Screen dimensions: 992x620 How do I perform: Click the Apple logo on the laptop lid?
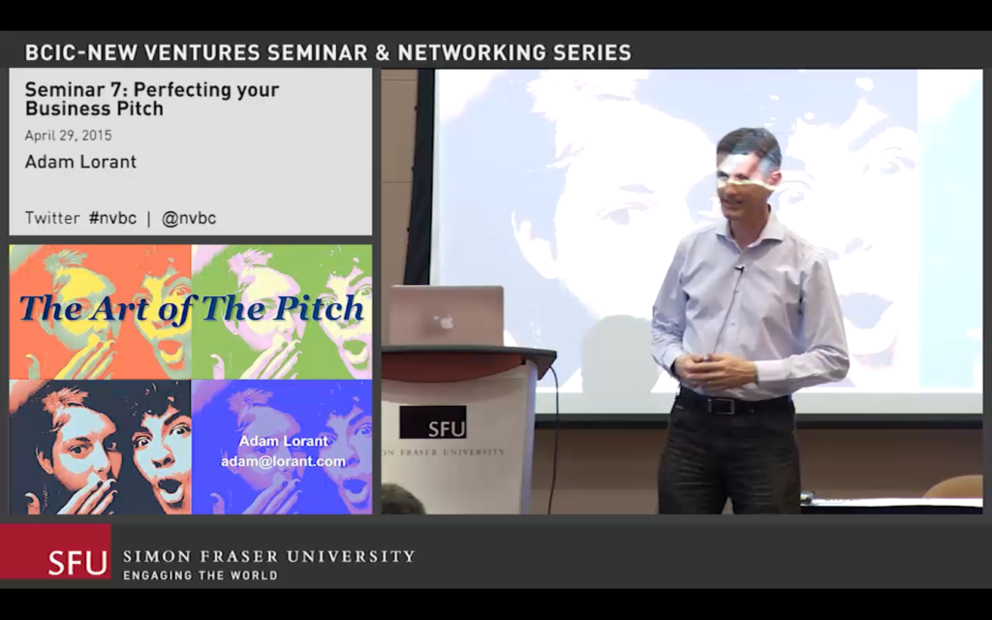[x=447, y=322]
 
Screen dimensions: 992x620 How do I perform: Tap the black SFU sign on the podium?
[x=433, y=422]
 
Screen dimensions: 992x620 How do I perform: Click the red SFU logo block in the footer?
[x=55, y=551]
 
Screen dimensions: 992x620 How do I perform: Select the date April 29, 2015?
[x=69, y=136]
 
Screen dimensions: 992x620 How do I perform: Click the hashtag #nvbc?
[x=112, y=218]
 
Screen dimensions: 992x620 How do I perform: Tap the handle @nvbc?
[x=189, y=218]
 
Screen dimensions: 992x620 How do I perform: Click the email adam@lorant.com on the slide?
[x=284, y=461]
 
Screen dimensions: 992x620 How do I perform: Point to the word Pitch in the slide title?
[x=319, y=308]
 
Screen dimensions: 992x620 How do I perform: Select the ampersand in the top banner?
[x=382, y=52]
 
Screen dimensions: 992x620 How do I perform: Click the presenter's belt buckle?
[x=720, y=405]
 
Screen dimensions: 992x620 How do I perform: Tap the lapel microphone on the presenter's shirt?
[x=739, y=269]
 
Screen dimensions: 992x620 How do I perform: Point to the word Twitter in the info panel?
[x=52, y=218]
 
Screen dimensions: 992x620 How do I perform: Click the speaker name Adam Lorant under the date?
[x=80, y=162]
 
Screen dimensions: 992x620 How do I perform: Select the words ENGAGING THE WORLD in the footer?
[x=201, y=575]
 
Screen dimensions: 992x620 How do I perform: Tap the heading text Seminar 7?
[x=76, y=90]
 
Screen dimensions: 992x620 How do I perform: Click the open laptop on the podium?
[x=447, y=316]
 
